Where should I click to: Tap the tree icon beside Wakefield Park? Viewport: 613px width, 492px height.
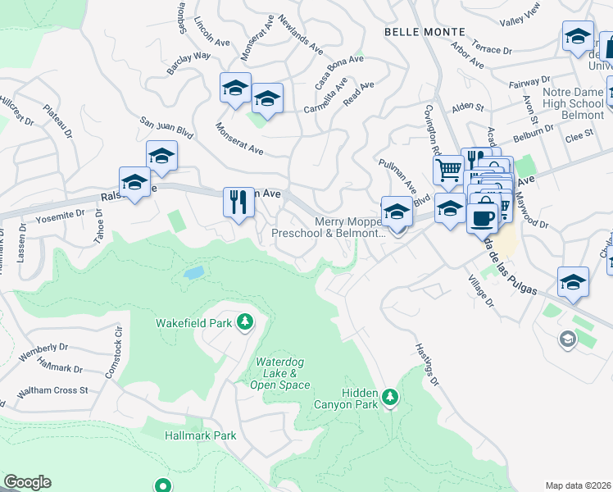point(244,322)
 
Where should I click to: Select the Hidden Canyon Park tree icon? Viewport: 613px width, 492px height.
point(391,398)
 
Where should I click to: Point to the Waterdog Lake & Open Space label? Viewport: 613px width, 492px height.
point(282,373)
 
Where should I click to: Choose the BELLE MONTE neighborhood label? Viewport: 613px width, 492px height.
point(425,31)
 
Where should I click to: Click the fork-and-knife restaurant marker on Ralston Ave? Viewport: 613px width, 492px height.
point(238,202)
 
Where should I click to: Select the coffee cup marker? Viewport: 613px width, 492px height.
point(483,216)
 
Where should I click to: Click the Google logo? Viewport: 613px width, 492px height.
point(27,482)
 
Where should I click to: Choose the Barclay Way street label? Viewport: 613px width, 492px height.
point(188,64)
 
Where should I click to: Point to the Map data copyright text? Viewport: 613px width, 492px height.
point(578,485)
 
